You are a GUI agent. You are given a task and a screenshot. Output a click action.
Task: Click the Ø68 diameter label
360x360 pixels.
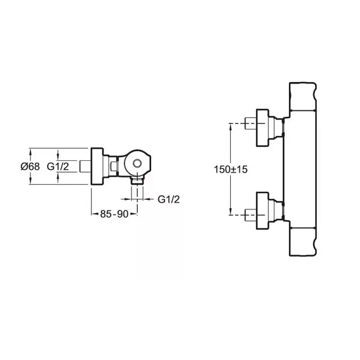pos(30,166)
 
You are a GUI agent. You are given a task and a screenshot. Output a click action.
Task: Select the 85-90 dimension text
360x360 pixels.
pos(114,214)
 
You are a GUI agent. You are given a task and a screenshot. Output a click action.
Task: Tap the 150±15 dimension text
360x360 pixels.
pos(231,170)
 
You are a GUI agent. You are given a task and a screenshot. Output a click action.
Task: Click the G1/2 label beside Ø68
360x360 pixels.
pos(58,166)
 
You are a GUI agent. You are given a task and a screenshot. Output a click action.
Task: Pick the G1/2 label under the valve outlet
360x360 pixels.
pos(168,199)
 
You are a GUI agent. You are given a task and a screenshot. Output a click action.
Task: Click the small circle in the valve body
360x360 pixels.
pos(137,163)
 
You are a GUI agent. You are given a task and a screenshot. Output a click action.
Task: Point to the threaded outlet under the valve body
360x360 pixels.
pos(137,181)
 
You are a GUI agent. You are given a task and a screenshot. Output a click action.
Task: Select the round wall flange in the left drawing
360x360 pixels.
pos(97,166)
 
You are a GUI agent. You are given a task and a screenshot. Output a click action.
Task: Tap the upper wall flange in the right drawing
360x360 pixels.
pos(262,128)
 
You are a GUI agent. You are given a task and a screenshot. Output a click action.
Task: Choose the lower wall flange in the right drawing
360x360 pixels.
pos(262,211)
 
